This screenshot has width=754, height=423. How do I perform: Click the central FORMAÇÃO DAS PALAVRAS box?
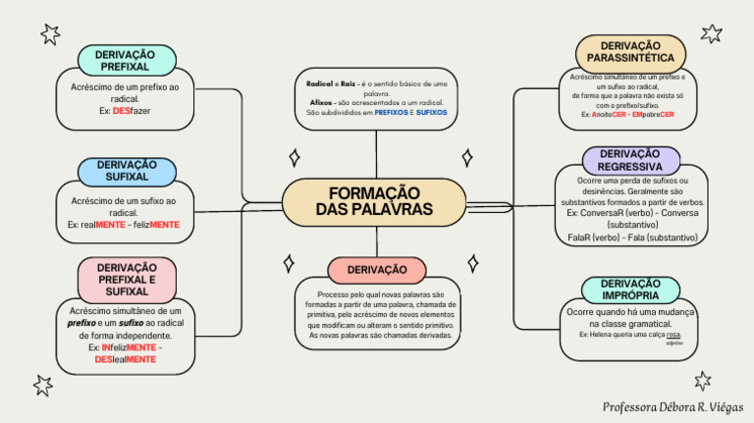click(x=374, y=202)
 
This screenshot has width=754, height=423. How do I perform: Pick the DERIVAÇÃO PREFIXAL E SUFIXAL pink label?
click(x=127, y=279)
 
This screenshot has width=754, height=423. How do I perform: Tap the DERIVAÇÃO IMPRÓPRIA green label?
click(x=630, y=291)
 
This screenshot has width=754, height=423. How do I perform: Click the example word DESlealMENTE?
click(x=126, y=360)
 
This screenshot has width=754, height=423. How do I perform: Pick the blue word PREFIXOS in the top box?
click(x=392, y=113)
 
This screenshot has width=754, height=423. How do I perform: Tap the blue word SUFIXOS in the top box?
click(x=431, y=113)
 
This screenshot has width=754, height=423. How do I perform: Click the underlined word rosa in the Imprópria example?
click(x=673, y=335)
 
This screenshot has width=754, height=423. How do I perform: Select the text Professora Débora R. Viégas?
click(x=673, y=405)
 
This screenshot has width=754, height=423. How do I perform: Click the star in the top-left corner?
click(x=49, y=35)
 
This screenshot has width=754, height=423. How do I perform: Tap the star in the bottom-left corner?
click(x=42, y=385)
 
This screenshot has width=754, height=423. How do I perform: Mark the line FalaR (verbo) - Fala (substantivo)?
click(x=632, y=238)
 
